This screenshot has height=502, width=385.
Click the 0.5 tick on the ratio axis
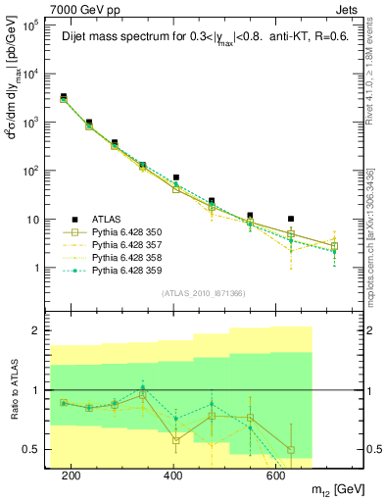coord(36,449)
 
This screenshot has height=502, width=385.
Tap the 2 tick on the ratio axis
coord(40,331)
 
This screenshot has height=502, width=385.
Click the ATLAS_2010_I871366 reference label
coord(202,293)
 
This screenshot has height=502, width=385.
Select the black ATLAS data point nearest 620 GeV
coord(291,220)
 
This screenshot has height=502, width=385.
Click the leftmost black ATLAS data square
coord(64,97)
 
